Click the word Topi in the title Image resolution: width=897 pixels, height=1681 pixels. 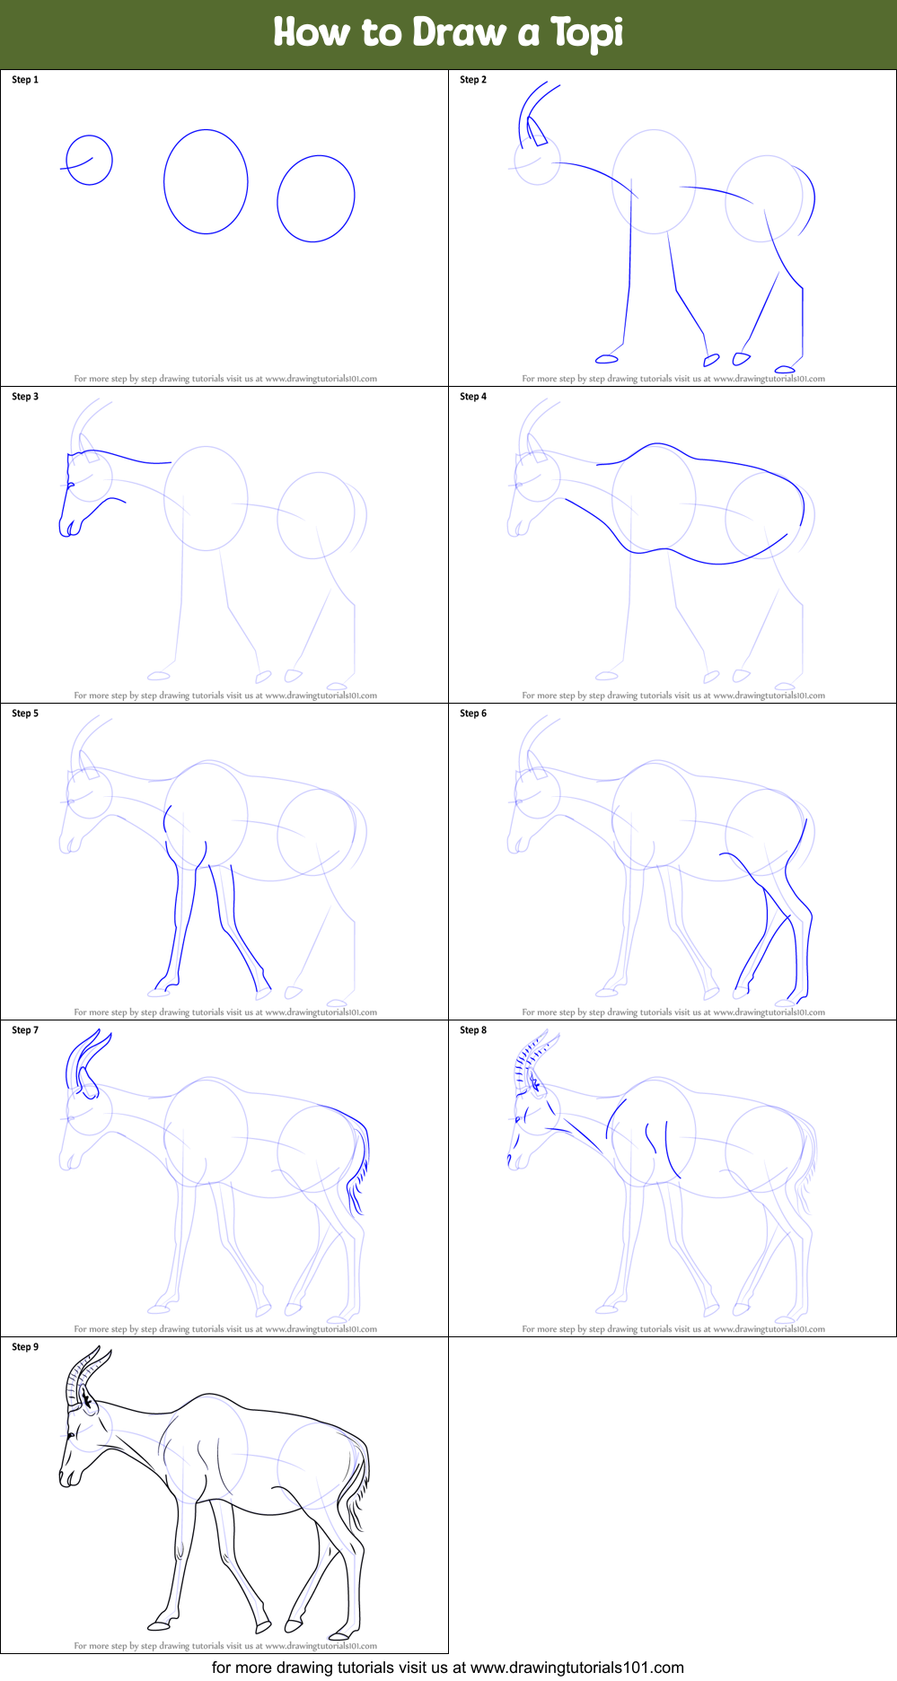[587, 33]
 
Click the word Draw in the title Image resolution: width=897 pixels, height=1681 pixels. [459, 32]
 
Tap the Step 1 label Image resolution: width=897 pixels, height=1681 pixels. [25, 80]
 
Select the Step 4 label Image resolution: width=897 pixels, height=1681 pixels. [473, 397]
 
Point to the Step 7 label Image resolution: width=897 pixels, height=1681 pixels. [25, 1030]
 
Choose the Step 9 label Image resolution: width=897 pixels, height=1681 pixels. [25, 1347]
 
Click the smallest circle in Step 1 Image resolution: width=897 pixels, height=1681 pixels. [90, 160]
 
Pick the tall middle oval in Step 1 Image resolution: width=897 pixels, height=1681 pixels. [206, 181]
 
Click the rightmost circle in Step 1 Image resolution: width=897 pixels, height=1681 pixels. [316, 198]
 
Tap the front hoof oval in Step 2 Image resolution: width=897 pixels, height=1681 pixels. [607, 359]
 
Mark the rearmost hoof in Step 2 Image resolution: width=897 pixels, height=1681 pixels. [785, 369]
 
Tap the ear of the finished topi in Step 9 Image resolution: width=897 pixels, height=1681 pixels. [87, 1397]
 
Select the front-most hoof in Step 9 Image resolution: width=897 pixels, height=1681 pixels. [159, 1625]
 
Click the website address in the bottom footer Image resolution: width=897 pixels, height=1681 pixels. [577, 1668]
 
